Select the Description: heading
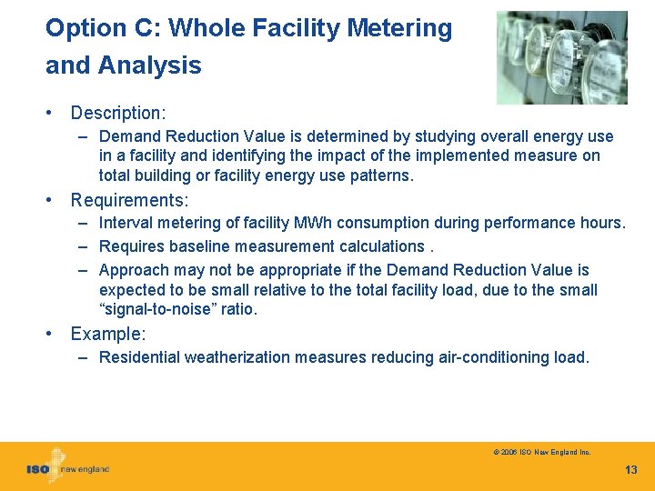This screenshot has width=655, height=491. tap(118, 113)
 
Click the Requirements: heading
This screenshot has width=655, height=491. tap(129, 199)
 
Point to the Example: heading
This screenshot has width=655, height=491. tap(107, 334)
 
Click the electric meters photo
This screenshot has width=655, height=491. tap(561, 57)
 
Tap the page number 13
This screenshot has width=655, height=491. tap(631, 469)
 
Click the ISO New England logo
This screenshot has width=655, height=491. tap(67, 467)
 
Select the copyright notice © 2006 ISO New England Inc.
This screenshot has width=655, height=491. tap(542, 452)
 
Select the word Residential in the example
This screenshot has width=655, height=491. tap(139, 357)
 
